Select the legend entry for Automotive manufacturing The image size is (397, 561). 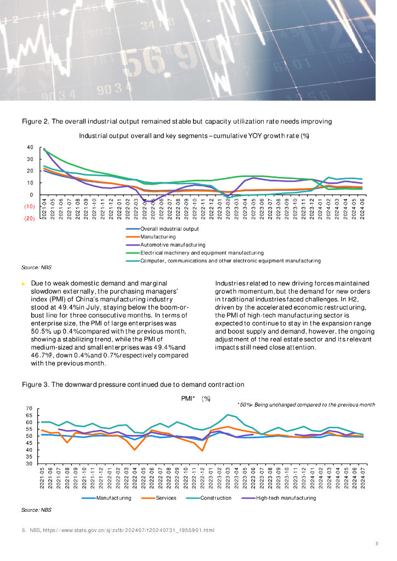click(173, 245)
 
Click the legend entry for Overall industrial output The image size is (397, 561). click(169, 229)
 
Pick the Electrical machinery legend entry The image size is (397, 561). click(202, 253)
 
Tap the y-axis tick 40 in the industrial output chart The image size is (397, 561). click(30, 147)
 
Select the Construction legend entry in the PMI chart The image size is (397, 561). click(215, 498)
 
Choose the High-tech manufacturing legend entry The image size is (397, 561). click(286, 498)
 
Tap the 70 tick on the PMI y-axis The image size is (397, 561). click(30, 409)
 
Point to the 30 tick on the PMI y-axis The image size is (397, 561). click(30, 464)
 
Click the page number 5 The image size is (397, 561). click(377, 543)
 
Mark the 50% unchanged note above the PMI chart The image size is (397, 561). click(306, 404)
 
